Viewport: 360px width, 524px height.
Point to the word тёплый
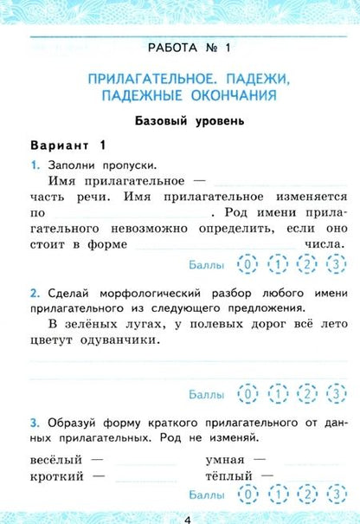point(228,475)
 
